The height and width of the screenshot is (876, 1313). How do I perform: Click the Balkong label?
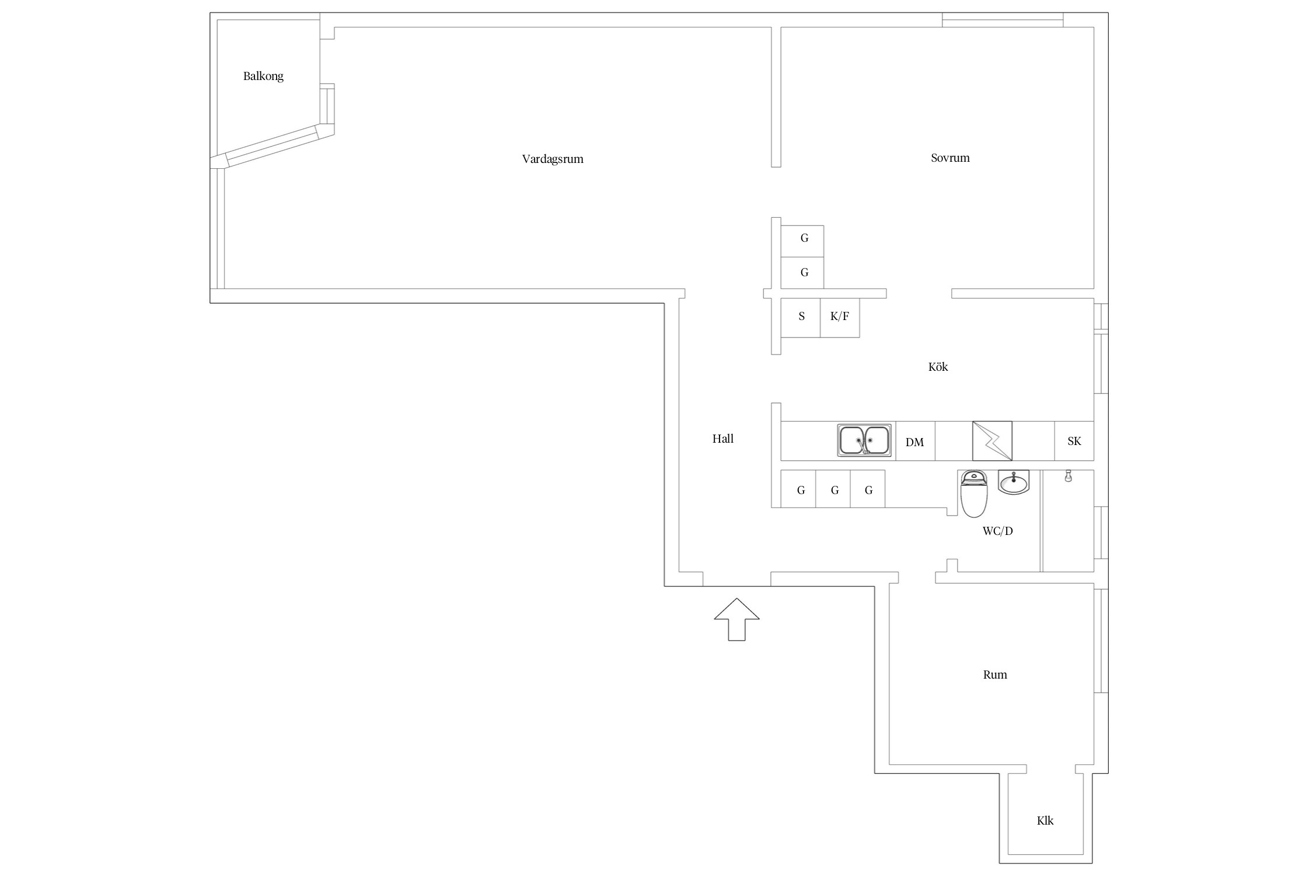pos(263,77)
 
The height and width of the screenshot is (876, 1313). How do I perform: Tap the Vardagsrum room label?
pos(553,159)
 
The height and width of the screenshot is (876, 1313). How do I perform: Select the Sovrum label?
pos(950,158)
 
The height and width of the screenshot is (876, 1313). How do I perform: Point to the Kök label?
pos(938,367)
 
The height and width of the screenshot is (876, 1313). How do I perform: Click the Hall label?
pos(722,439)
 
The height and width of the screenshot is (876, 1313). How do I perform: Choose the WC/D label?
pos(998,531)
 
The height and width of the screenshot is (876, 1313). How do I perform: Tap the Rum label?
pos(995,675)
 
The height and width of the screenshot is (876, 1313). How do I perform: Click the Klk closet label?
pos(1045,821)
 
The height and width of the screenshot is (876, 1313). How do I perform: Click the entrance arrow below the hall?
pos(736,619)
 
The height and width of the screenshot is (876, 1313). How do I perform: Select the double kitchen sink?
pos(864,440)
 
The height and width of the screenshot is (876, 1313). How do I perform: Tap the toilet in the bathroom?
pos(973,494)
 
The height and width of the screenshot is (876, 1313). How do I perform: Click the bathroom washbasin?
pos(1014,482)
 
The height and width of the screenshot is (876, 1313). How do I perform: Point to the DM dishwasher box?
pos(915,441)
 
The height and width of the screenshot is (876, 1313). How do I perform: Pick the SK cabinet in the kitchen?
pos(1074,441)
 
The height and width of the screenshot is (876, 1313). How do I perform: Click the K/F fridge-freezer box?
pos(840,318)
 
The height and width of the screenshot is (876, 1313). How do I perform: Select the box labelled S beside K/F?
pos(801,318)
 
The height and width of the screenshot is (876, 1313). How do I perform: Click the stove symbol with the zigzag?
pos(992,441)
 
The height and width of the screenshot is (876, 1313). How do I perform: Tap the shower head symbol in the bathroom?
pos(1068,476)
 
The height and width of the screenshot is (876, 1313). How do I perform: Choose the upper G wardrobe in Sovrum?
pos(802,241)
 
